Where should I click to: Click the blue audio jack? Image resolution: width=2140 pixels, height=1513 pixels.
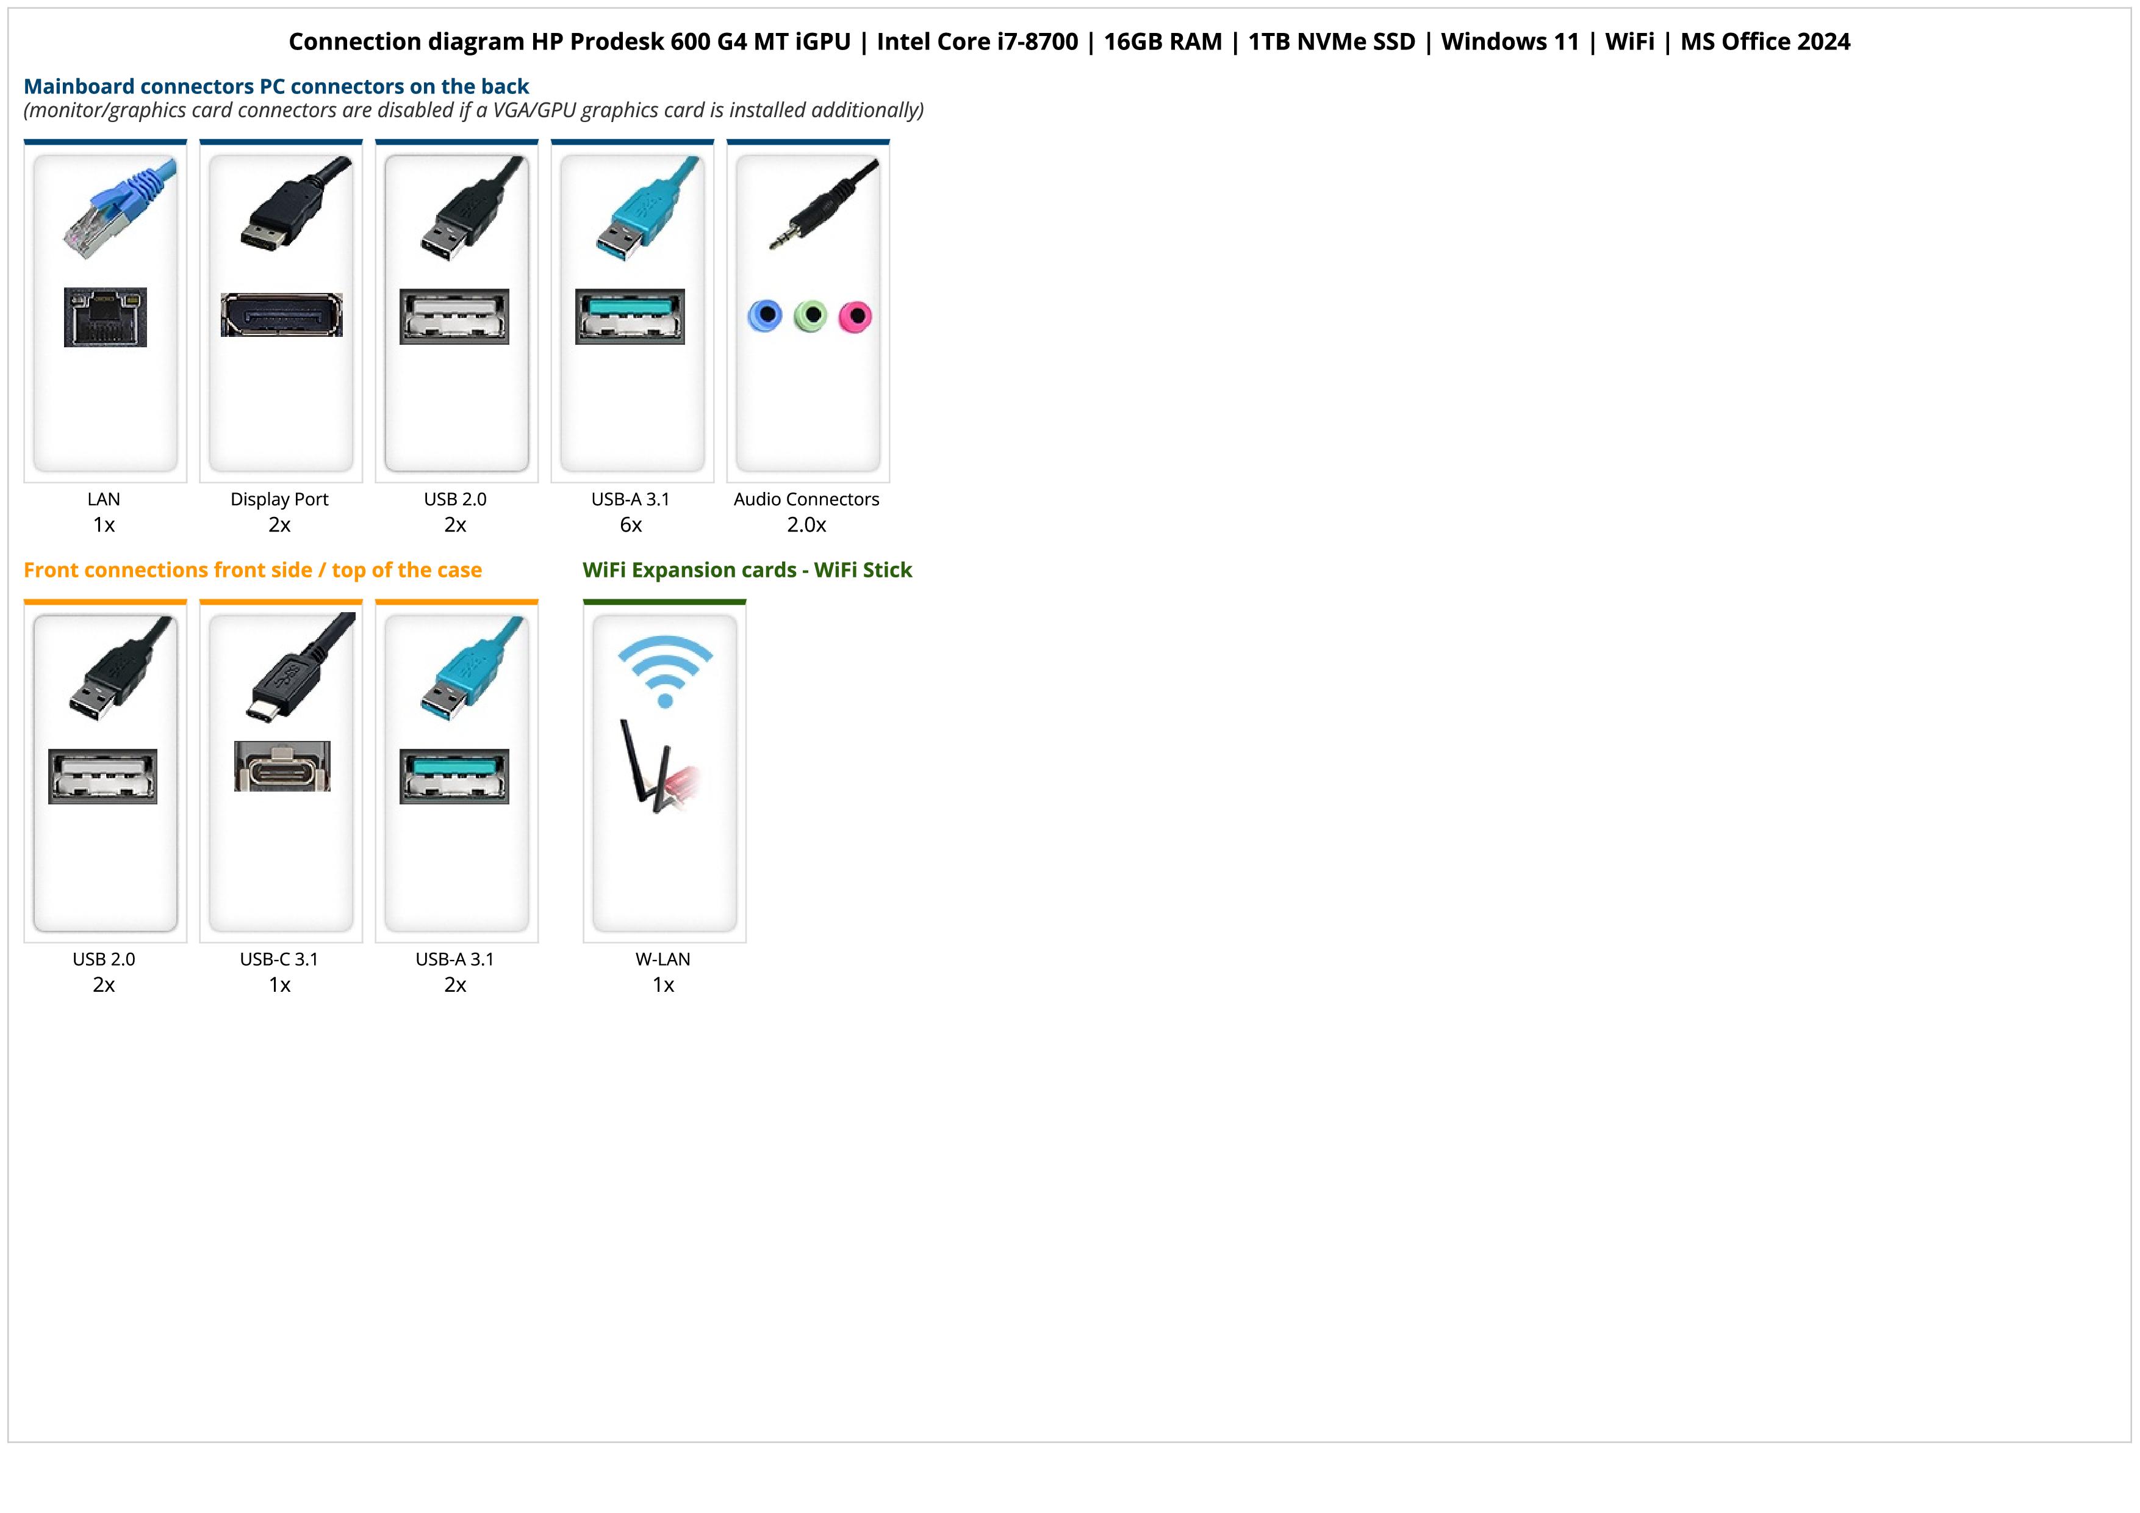[x=765, y=316]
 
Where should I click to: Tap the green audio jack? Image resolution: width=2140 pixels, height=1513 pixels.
[x=811, y=316]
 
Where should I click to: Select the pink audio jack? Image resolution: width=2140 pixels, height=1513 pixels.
[x=855, y=316]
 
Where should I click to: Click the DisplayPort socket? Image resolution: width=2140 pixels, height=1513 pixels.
[x=281, y=315]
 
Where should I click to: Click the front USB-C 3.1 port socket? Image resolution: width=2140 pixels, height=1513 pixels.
[x=281, y=767]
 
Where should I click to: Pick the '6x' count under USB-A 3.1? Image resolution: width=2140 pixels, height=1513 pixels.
[x=631, y=525]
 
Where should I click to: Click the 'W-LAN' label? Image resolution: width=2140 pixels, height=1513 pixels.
[x=662, y=959]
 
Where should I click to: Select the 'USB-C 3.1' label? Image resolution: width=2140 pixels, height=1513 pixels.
[x=279, y=959]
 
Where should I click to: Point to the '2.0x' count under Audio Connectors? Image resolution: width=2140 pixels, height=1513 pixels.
[x=806, y=525]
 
